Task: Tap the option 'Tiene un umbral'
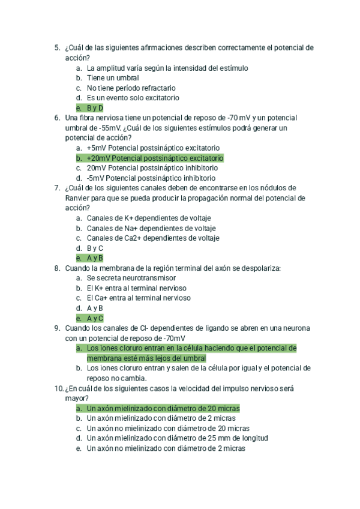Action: point(113,78)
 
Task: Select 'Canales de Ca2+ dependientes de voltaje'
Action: point(153,238)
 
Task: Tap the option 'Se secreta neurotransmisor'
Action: point(131,279)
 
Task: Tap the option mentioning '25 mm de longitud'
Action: point(177,438)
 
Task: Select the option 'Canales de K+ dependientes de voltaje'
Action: point(149,218)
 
